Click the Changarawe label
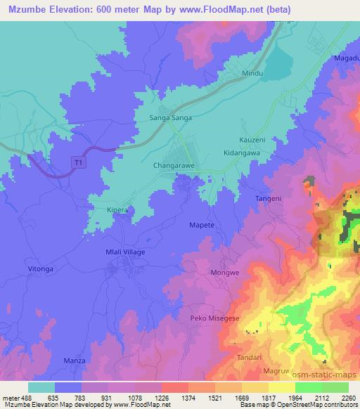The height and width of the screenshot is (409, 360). [174, 167]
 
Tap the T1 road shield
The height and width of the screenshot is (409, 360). [77, 162]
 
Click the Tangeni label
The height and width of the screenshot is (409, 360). [267, 199]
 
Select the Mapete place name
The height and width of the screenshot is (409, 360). [202, 225]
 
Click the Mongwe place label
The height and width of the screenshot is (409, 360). [222, 271]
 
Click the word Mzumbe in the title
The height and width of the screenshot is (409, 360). [25, 9]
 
